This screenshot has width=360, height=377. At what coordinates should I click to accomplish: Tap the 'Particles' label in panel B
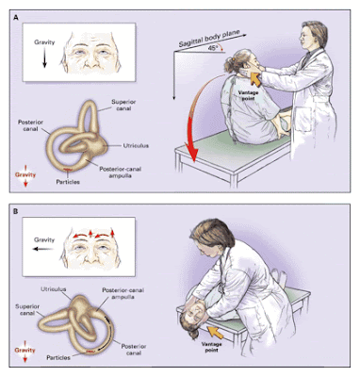pos(56,358)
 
